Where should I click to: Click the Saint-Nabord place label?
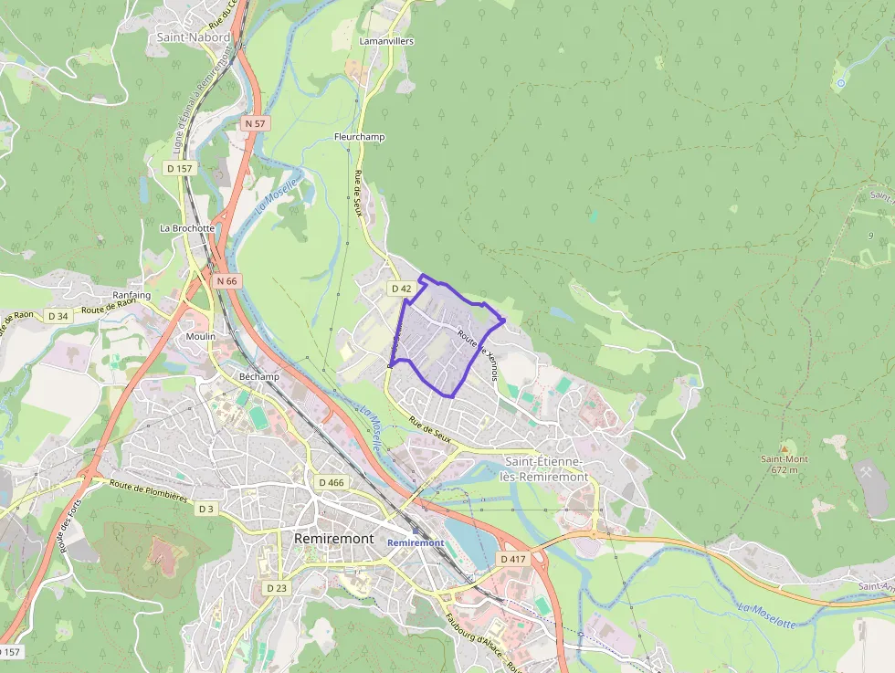click(x=194, y=37)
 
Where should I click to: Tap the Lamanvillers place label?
click(x=386, y=41)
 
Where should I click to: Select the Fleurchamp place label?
click(x=360, y=137)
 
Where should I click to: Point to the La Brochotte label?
click(x=187, y=228)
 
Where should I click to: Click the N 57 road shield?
click(x=255, y=122)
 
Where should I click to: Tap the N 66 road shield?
click(x=227, y=281)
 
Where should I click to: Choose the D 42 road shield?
click(x=402, y=289)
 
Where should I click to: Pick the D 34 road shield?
click(x=58, y=316)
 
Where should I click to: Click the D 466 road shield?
click(x=332, y=482)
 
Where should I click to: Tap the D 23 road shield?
click(x=276, y=588)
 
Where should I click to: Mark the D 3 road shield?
click(x=206, y=509)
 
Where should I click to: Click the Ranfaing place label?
click(x=131, y=296)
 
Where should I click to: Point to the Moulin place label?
click(x=201, y=336)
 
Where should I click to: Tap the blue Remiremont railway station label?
click(x=416, y=542)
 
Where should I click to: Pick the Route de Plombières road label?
click(x=148, y=491)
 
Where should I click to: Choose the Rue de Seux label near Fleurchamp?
click(x=359, y=193)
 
